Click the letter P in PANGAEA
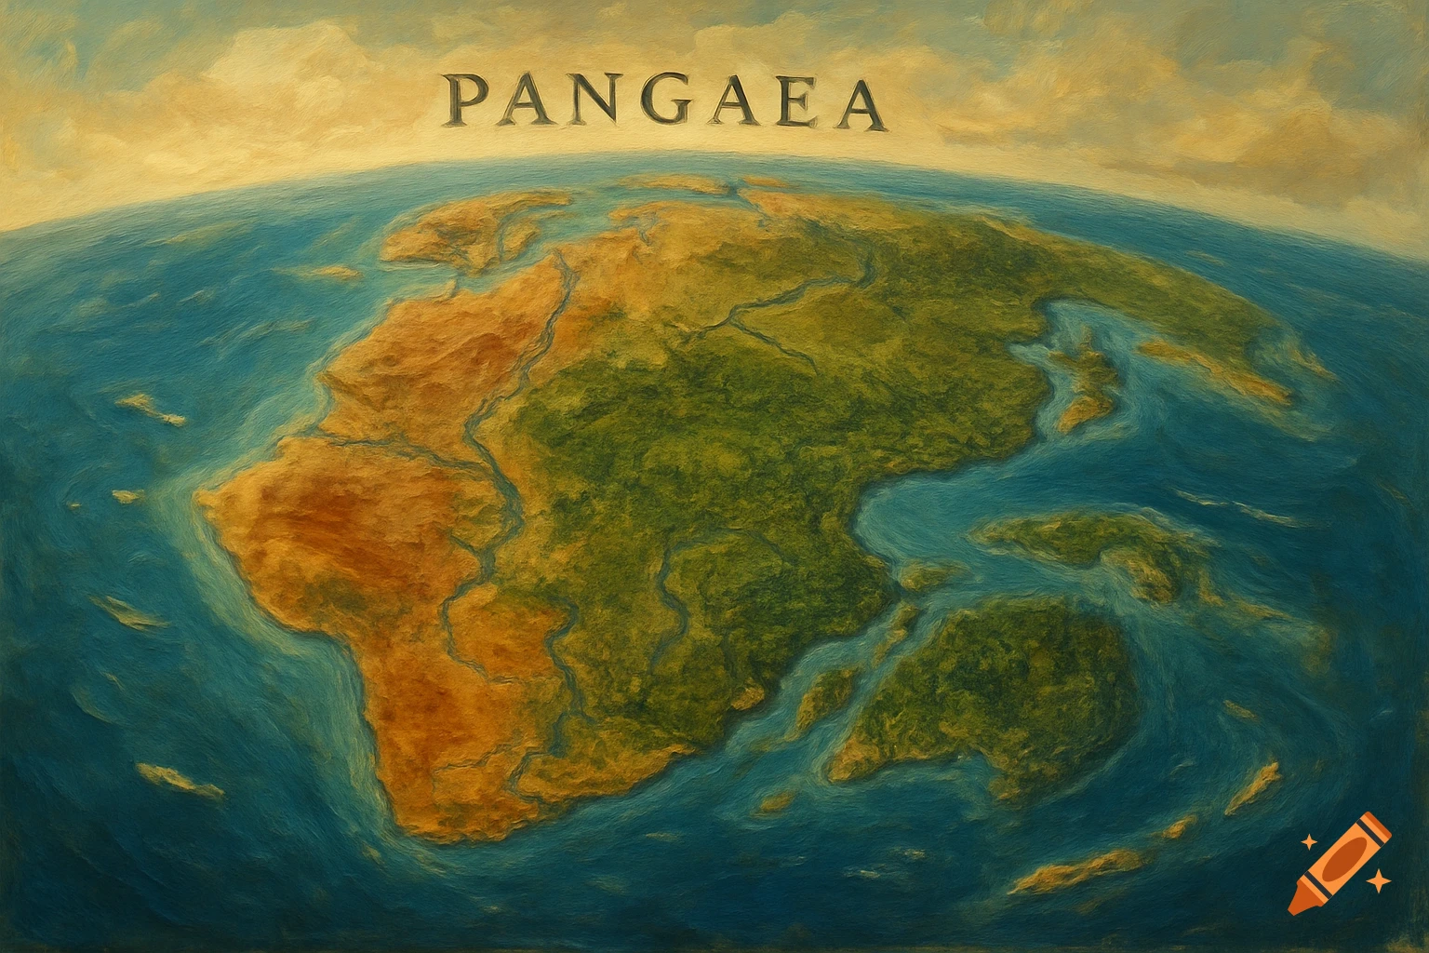tap(462, 103)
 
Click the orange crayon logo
tap(1341, 862)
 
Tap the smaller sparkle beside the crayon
tap(1308, 840)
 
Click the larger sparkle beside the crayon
tap(1381, 879)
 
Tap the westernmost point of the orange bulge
tap(199, 497)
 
